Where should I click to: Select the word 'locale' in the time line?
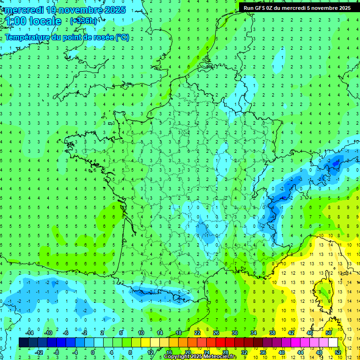[45, 21]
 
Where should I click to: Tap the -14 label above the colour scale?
[29, 333]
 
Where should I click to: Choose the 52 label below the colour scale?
[338, 352]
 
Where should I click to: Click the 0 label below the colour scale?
[93, 352]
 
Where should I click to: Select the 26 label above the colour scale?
[216, 333]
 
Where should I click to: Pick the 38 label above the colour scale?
[272, 333]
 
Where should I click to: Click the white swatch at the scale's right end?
[333, 343]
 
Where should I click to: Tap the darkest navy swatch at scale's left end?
[23, 343]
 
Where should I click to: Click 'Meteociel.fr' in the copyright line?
[220, 357]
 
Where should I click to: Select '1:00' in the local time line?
[15, 21]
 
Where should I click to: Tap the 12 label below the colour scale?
[150, 352]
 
